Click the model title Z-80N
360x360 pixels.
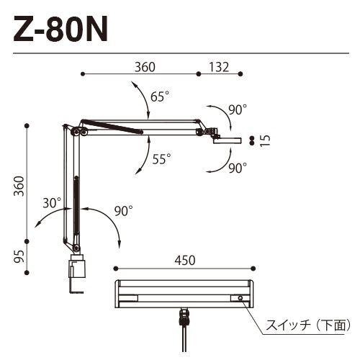(60, 31)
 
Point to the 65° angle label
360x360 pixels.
(160, 96)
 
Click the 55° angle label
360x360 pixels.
(161, 159)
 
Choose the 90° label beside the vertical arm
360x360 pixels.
(124, 211)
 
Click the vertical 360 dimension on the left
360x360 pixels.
(19, 188)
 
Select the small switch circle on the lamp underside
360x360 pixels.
(239, 298)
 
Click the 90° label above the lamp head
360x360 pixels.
(237, 109)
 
